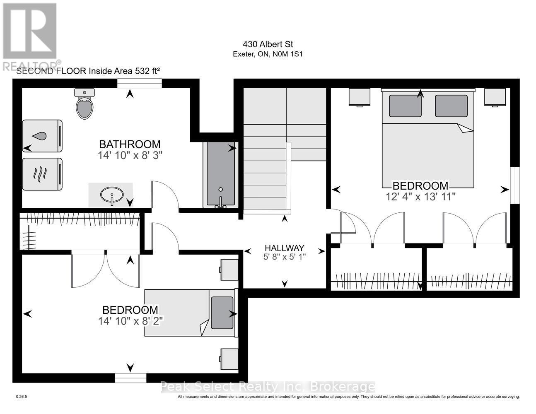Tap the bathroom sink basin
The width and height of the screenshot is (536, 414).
(111, 194)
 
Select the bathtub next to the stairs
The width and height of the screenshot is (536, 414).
(220, 174)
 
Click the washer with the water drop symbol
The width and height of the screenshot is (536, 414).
(42, 136)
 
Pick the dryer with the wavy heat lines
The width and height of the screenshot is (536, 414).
(42, 174)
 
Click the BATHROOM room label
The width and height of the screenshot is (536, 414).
(130, 144)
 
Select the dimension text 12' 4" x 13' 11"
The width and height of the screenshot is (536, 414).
(420, 196)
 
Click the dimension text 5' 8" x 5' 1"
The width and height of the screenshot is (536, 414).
(285, 257)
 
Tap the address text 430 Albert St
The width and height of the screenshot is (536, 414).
(268, 44)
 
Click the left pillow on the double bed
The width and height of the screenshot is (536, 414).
(405, 106)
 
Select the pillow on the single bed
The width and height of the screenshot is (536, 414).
(222, 312)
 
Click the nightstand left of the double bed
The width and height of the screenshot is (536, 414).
(359, 97)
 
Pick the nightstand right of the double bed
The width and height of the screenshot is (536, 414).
(495, 97)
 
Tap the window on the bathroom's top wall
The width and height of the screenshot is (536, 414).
(139, 84)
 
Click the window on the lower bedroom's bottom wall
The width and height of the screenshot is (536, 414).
(130, 378)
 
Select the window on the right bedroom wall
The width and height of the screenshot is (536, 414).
(514, 185)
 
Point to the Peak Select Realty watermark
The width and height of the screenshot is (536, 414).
(268, 387)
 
